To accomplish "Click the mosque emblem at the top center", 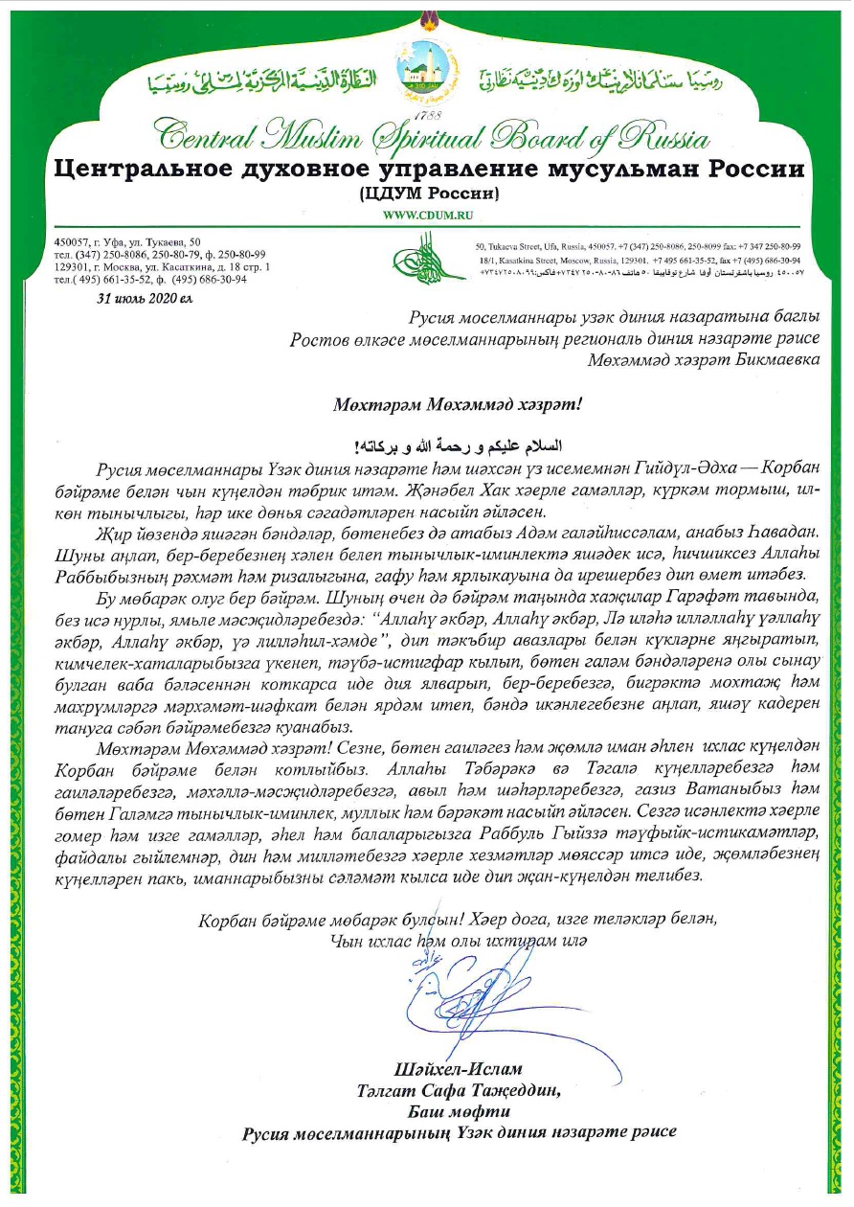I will [426, 69].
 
